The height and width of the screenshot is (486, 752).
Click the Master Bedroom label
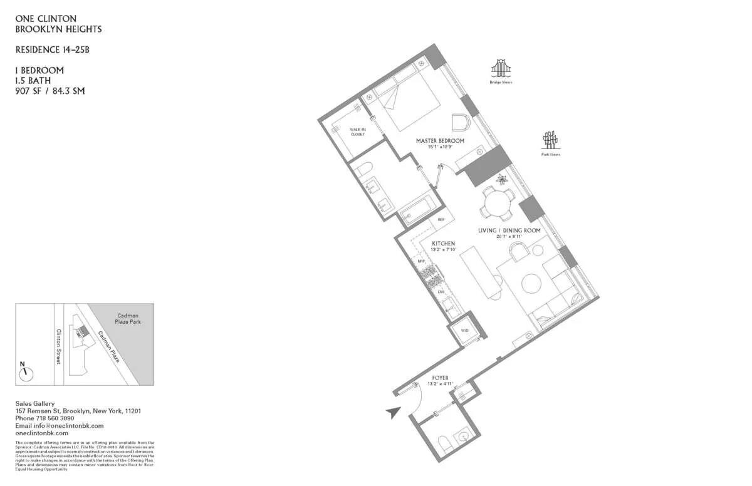pos(440,141)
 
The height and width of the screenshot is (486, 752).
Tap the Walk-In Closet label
pos(357,132)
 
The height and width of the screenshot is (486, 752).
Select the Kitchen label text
pos(443,243)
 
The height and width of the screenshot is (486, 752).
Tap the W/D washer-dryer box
pos(465,330)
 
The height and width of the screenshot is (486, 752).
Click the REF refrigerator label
pos(441,220)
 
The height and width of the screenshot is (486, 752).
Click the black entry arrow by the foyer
pos(394,412)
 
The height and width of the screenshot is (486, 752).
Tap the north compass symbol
pos(25,373)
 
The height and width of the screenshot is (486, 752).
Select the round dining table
pos(498,203)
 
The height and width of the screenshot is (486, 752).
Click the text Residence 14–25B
pos(48,49)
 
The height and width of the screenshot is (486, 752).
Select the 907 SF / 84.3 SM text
pos(50,91)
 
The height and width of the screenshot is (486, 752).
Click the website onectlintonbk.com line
pos(41,433)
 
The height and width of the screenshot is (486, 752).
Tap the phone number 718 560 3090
pos(58,418)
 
